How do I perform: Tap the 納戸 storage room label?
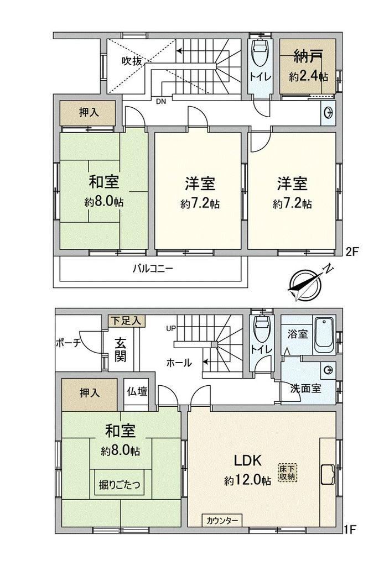coord(308,57)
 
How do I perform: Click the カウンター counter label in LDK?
coord(222,521)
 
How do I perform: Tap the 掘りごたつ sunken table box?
coord(120,484)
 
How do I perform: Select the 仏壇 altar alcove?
coord(137,392)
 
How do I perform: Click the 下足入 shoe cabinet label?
coord(127,321)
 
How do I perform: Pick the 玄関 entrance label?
coord(121,349)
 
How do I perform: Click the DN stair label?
coord(161,102)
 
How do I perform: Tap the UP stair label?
coord(171,328)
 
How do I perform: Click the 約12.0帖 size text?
coord(247,480)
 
